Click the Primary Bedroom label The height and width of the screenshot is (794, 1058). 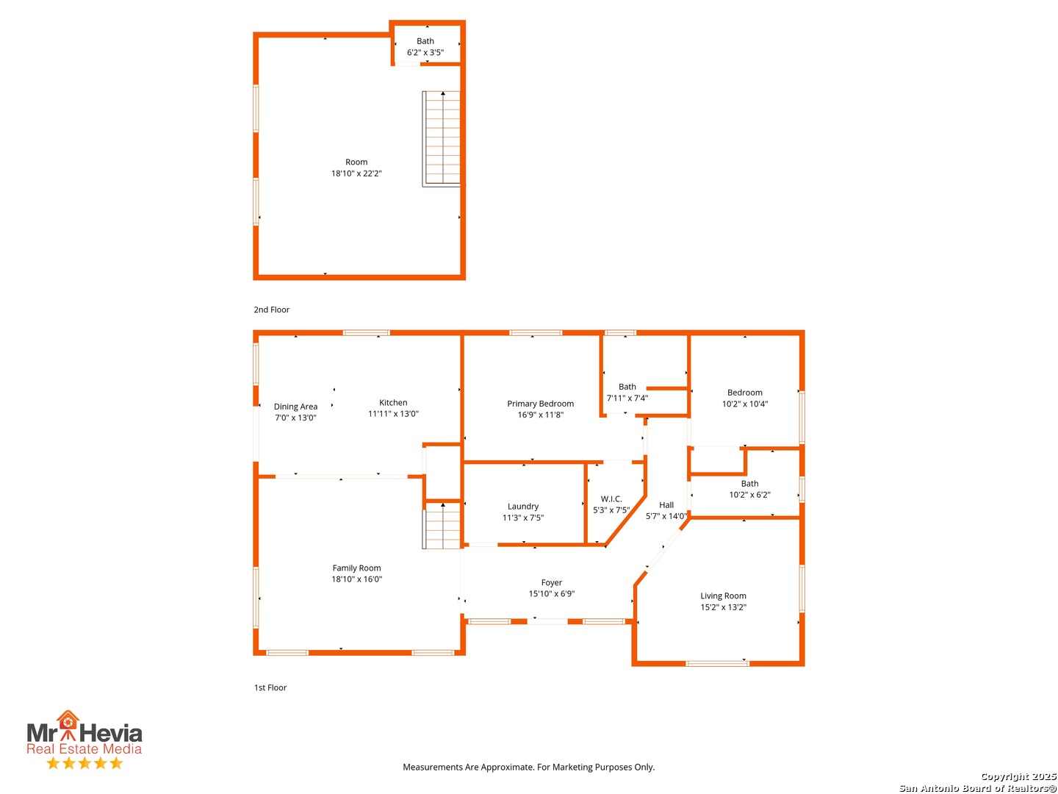pyautogui.click(x=540, y=404)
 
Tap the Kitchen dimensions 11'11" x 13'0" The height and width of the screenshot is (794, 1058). pyautogui.click(x=393, y=414)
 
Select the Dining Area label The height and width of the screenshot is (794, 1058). pyautogui.click(x=295, y=407)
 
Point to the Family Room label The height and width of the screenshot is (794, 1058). pyautogui.click(x=356, y=568)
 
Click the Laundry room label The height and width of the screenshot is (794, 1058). pyautogui.click(x=523, y=507)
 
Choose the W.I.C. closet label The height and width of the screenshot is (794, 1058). pyautogui.click(x=611, y=499)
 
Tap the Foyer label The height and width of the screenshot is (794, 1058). pyautogui.click(x=552, y=582)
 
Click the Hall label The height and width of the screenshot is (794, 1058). pyautogui.click(x=666, y=505)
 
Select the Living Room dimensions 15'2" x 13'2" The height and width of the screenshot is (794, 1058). pyautogui.click(x=723, y=607)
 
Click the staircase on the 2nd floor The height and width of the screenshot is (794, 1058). pyautogui.click(x=442, y=138)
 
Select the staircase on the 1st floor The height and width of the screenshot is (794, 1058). pyautogui.click(x=442, y=526)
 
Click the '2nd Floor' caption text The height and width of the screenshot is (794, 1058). pyautogui.click(x=272, y=310)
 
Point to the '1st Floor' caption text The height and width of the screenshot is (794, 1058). pyautogui.click(x=270, y=687)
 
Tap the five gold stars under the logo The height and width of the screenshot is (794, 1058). pyautogui.click(x=84, y=763)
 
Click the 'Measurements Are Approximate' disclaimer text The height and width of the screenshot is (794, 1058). pyautogui.click(x=528, y=767)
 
